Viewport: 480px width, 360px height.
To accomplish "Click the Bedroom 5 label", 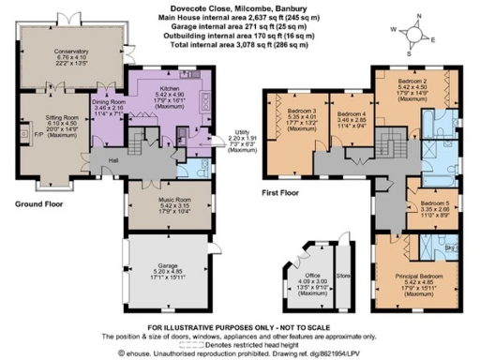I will pyautogui.click(x=435, y=205).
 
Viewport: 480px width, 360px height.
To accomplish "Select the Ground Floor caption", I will pyautogui.click(x=38, y=202).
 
